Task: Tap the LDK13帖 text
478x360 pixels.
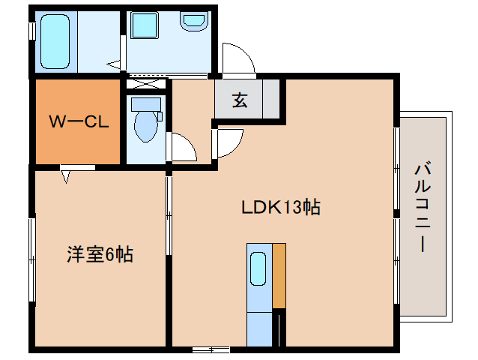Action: [280, 208]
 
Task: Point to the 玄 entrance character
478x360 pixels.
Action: [239, 100]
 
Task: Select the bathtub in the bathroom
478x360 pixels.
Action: [54, 41]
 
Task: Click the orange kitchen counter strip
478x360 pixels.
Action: [279, 274]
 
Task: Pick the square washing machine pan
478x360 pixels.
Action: [144, 26]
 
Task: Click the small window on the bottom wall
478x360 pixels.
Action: [211, 349]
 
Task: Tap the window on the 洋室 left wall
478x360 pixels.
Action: [31, 258]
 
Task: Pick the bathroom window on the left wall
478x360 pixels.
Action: [31, 31]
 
